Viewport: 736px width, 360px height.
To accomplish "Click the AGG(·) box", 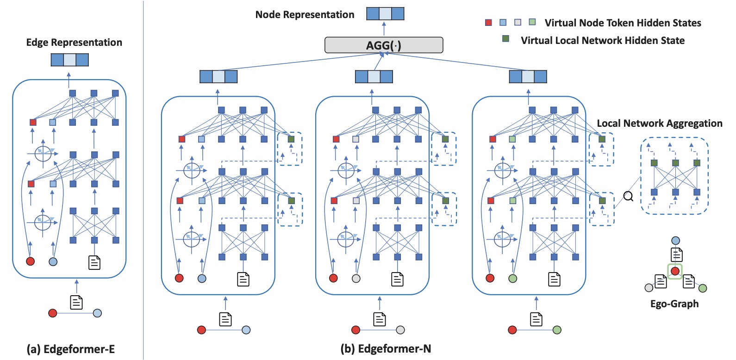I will tap(384, 45).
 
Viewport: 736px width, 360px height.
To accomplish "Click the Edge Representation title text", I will tap(74, 43).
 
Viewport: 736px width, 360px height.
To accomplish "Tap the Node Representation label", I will tap(305, 15).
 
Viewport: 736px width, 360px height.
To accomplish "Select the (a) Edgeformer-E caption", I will tap(70, 349).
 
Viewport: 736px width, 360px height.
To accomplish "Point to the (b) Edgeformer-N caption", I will tap(386, 349).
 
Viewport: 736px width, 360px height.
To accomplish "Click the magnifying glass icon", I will tap(628, 197).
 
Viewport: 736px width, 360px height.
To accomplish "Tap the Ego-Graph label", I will tap(674, 304).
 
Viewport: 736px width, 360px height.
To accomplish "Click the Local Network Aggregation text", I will tap(659, 124).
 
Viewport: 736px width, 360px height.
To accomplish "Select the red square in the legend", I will tap(488, 23).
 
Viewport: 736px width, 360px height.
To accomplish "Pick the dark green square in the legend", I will tap(506, 39).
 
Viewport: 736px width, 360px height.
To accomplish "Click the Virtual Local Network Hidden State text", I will tap(602, 41).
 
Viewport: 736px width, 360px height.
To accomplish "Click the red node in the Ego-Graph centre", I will tap(675, 271).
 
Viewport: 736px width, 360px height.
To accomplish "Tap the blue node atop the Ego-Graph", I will tap(675, 241).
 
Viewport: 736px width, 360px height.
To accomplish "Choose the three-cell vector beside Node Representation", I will tap(385, 13).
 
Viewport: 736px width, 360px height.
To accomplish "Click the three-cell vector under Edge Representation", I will tap(69, 60).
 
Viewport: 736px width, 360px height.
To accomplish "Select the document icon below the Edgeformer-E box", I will tap(76, 302).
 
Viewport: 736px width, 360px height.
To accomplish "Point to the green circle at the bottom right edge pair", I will tap(557, 330).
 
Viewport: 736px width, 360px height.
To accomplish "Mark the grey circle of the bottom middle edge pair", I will tap(400, 330).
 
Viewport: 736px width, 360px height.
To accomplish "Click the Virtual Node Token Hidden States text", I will tap(623, 23).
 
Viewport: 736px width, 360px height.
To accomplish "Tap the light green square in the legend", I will tap(532, 22).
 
